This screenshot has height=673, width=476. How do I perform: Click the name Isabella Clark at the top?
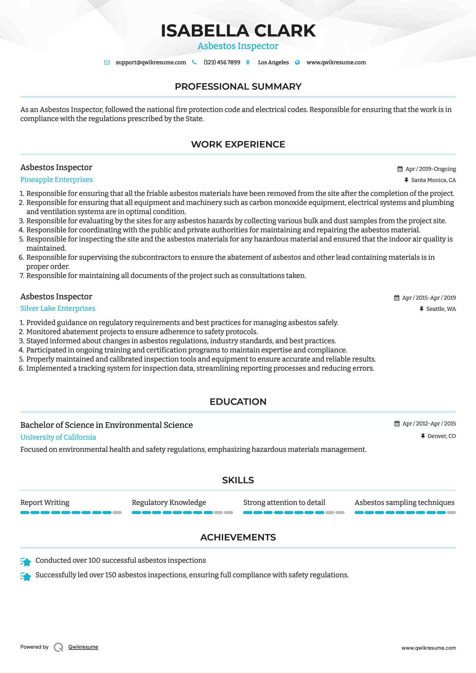click(238, 31)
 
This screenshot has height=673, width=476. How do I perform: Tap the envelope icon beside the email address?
click(107, 63)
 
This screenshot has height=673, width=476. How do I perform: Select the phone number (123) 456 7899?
click(222, 63)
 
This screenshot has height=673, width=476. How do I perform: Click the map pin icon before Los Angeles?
click(248, 63)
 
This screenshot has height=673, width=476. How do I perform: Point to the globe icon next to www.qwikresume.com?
click(297, 63)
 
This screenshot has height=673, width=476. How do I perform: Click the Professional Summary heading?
click(238, 87)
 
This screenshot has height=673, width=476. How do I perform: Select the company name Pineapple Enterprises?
click(56, 180)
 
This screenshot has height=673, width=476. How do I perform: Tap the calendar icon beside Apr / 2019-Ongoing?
click(400, 169)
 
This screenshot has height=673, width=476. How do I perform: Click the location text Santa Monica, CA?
click(433, 180)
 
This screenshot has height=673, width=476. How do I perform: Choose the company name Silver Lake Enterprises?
click(58, 308)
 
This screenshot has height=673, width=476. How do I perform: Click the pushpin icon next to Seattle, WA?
click(422, 309)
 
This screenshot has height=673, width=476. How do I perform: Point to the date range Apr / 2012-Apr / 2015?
click(429, 423)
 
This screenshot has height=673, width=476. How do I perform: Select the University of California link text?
click(58, 437)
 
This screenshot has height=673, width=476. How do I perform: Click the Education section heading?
click(238, 402)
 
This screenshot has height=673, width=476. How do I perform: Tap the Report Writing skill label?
click(45, 503)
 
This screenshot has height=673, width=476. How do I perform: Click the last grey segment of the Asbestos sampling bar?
click(451, 513)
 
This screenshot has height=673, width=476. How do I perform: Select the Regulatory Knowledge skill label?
click(169, 503)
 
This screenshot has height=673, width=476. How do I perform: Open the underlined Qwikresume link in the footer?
click(83, 647)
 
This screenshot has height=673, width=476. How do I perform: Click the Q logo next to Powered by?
click(58, 647)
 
